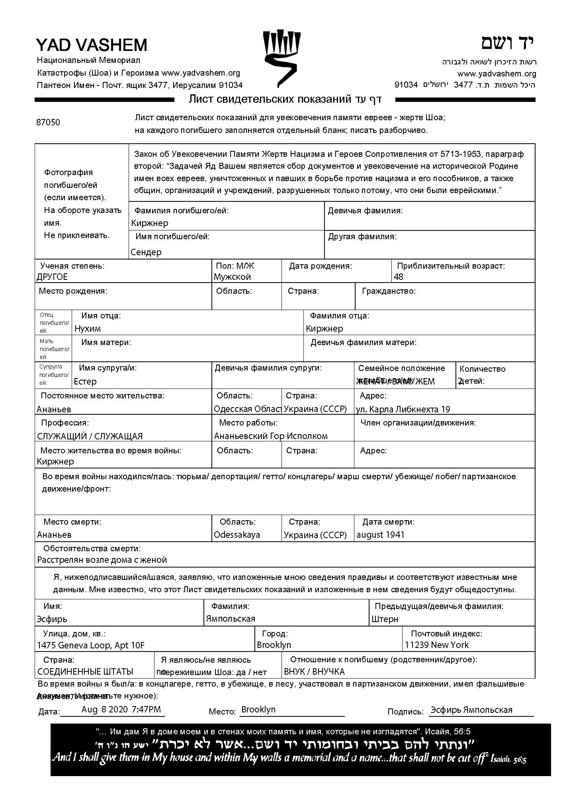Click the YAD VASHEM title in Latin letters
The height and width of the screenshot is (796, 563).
92,45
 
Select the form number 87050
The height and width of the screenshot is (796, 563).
48,123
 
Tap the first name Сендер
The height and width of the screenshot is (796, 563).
146,252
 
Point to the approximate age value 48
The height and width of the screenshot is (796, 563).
399,277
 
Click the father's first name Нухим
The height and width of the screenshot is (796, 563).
88,328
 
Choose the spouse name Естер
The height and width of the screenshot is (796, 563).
85,381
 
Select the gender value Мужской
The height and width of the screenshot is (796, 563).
232,277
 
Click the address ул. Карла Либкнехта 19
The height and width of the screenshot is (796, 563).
403,409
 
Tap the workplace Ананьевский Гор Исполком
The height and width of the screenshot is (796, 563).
271,436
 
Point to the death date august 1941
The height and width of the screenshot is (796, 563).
380,535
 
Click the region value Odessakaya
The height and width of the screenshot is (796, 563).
237,535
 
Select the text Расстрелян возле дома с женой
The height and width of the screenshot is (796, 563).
102,560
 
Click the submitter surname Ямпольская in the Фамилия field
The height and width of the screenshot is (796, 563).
231,618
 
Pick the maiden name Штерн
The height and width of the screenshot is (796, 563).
385,619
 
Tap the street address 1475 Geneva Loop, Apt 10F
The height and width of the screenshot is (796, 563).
91,645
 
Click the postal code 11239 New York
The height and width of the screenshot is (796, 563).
437,645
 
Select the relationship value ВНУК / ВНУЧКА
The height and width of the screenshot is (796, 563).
314,671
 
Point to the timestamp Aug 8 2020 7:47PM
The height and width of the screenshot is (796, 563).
121,709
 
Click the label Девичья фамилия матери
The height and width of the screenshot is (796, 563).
364,342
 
